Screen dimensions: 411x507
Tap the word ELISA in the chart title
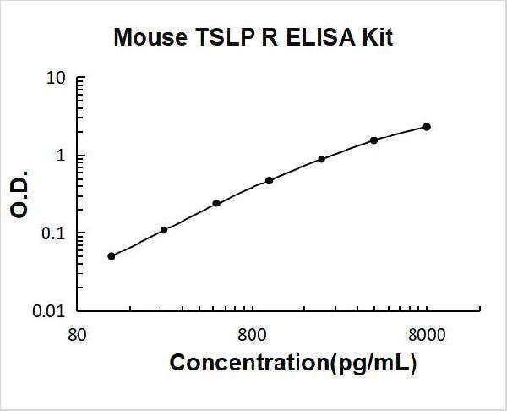(x=321, y=38)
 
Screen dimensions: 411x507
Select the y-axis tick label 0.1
(x=55, y=234)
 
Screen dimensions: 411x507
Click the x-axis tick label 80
(x=76, y=334)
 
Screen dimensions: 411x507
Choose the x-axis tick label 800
(x=251, y=334)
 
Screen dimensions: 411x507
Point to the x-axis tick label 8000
(x=428, y=334)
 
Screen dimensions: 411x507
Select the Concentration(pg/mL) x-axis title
(x=293, y=364)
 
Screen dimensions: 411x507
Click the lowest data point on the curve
(x=112, y=255)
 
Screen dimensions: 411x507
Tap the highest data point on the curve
(x=427, y=127)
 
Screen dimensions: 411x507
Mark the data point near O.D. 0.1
(x=164, y=229)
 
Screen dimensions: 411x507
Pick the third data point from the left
(x=216, y=203)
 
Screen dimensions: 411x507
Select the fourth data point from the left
(x=269, y=180)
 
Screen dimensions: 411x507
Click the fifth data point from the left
(x=321, y=159)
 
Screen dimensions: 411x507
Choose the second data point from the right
(x=373, y=140)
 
